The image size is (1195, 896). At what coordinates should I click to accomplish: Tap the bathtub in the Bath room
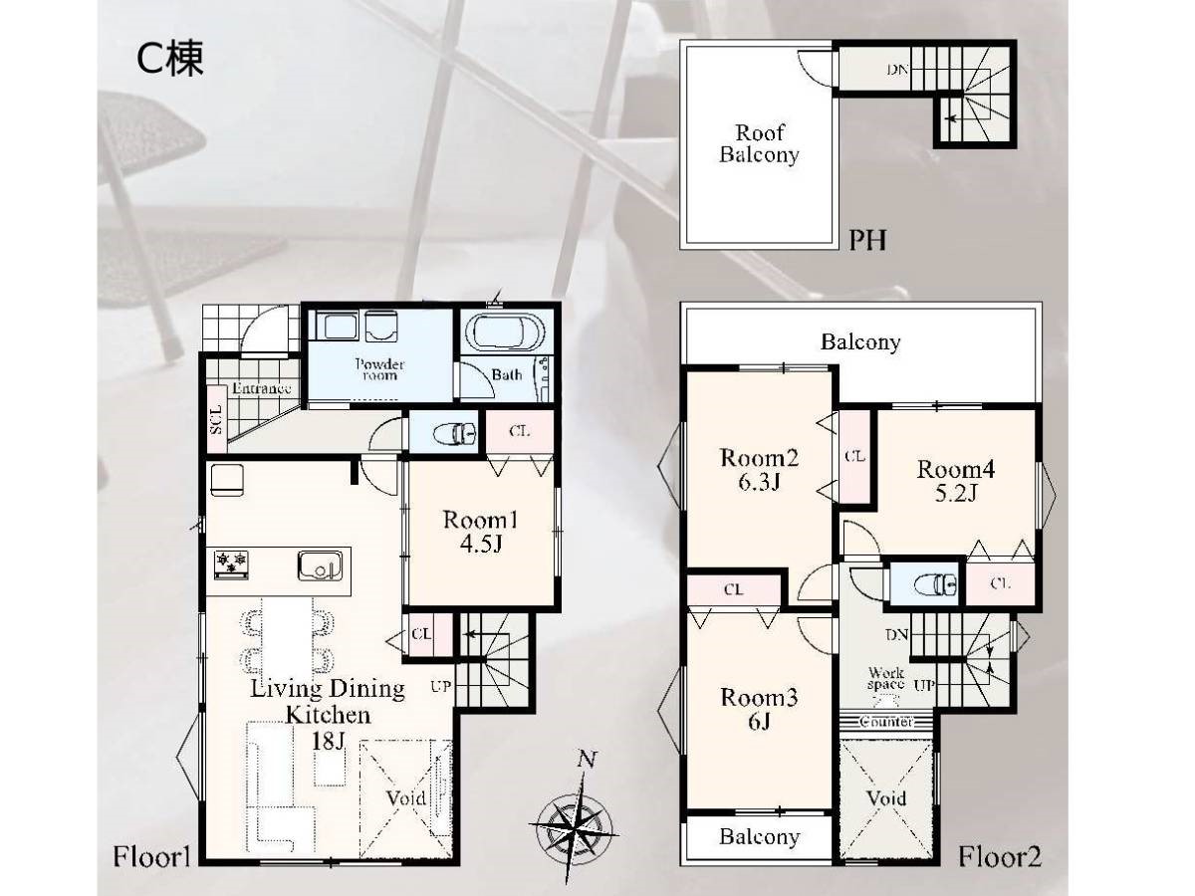[x=505, y=332]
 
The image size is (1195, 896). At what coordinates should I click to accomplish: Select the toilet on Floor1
[x=454, y=434]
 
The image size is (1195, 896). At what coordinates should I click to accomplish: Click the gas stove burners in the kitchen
[x=231, y=565]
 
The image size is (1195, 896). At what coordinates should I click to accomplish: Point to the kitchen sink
[x=320, y=565]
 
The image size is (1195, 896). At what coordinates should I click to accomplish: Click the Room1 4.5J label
[x=480, y=532]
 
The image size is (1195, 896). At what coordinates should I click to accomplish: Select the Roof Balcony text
[x=759, y=143]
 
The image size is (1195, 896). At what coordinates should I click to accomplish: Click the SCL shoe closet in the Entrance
[x=217, y=419]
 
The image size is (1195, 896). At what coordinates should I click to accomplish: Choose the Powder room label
[x=379, y=368]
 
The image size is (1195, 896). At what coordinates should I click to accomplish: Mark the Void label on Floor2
[x=886, y=798]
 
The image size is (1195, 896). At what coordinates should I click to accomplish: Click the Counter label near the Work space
[x=886, y=722]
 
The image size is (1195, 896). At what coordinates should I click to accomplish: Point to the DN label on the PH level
[x=898, y=70]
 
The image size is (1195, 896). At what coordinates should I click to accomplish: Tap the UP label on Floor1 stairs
[x=440, y=686]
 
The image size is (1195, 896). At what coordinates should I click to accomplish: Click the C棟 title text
[x=170, y=59]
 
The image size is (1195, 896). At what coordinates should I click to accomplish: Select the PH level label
[x=867, y=240]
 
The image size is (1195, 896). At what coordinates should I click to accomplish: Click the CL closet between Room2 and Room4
[x=854, y=456]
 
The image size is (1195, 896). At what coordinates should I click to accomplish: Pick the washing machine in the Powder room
[x=381, y=326]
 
